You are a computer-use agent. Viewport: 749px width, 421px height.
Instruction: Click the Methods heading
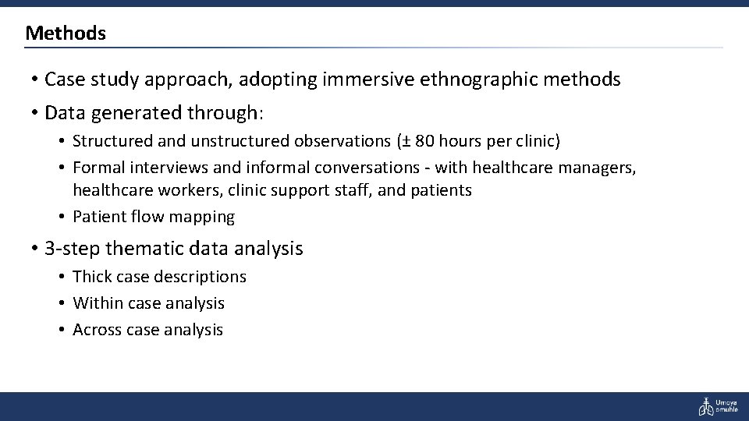tap(66, 34)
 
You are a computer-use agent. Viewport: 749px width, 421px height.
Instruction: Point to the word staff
tap(347, 190)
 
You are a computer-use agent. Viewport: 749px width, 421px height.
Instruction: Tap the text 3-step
tap(73, 249)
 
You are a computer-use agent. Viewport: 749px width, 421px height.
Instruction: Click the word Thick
tap(91, 277)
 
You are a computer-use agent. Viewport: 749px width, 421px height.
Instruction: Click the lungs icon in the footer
tap(705, 405)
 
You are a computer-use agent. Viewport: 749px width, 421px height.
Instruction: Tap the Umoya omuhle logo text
tap(727, 406)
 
